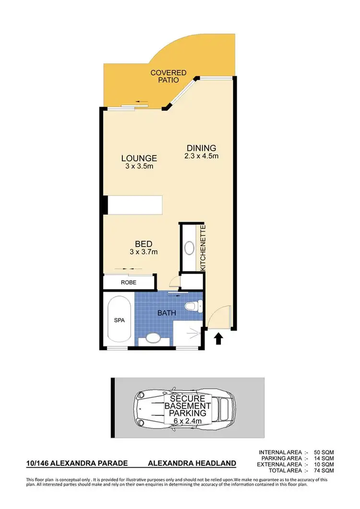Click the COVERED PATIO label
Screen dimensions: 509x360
click(x=168, y=77)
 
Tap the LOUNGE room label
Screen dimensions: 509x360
click(x=139, y=158)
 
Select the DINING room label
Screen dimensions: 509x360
click(x=202, y=148)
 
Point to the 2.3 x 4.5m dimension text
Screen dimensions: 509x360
click(x=202, y=156)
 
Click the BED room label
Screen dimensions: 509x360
click(x=144, y=244)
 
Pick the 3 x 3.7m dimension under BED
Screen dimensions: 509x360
click(x=144, y=251)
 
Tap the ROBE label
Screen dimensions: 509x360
click(x=129, y=283)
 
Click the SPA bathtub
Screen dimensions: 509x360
click(x=120, y=320)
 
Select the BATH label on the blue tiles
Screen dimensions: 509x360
click(x=166, y=313)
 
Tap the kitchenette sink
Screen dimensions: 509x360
click(x=190, y=249)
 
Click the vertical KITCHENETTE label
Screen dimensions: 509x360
click(x=203, y=249)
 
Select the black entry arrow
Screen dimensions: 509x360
click(x=218, y=339)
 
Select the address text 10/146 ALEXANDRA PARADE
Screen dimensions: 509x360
click(x=77, y=463)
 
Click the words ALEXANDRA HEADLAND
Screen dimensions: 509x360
click(x=192, y=463)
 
